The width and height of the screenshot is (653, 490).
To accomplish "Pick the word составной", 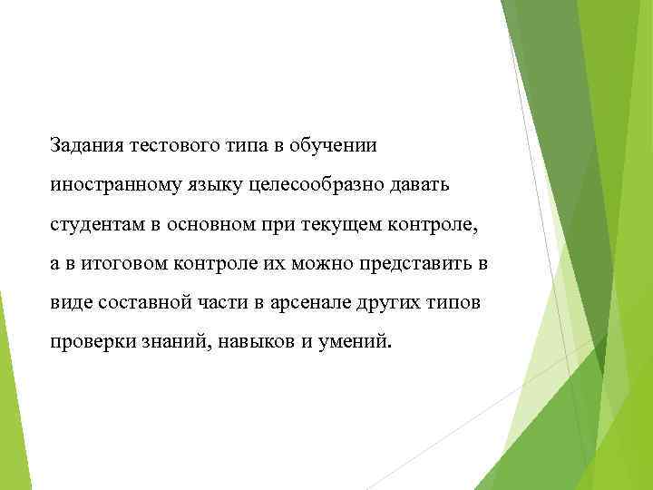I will coord(136,301).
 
